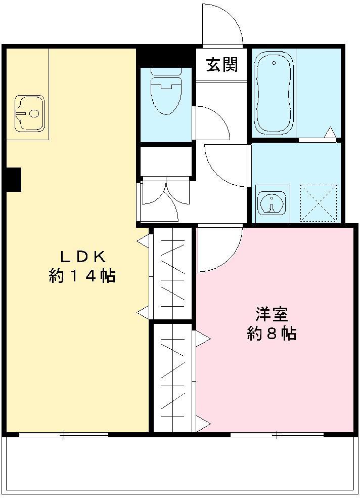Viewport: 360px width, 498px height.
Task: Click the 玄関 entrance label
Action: coord(221,65)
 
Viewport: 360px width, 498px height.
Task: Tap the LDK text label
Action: coord(82,256)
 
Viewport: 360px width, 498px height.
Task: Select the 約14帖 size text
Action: coord(82,276)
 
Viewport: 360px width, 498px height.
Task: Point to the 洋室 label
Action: coord(272,314)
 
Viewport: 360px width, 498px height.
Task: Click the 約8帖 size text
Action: coord(272,334)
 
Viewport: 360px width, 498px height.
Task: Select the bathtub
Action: coord(274,94)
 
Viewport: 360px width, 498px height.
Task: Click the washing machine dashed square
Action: coord(319,202)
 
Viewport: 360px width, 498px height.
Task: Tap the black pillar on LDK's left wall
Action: coord(13,179)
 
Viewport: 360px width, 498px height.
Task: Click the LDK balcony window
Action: coord(64,434)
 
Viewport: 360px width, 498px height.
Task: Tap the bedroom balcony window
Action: coord(277,434)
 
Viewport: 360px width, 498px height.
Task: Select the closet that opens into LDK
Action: coord(172,273)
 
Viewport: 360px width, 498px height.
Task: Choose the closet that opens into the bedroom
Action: coord(172,377)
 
